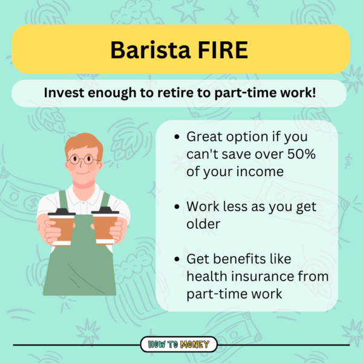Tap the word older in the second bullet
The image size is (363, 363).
pyautogui.click(x=203, y=224)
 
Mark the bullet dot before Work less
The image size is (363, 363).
pyautogui.click(x=176, y=208)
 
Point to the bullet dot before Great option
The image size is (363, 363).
pyautogui.click(x=176, y=137)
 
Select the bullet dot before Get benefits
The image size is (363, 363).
pyautogui.click(x=176, y=260)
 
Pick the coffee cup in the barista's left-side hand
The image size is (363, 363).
pyautogui.click(x=61, y=226)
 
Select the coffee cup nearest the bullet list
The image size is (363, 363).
pyautogui.click(x=105, y=225)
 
